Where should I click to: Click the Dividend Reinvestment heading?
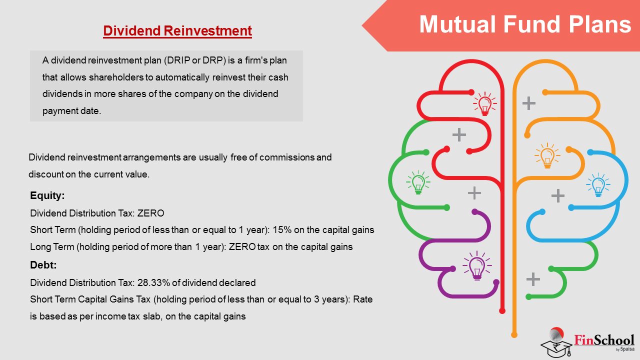[x=177, y=31]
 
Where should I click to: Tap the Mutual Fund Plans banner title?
[x=525, y=24]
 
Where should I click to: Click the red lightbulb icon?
[x=485, y=103]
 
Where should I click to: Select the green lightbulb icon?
[x=418, y=182]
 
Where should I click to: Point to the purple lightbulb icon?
[x=477, y=265]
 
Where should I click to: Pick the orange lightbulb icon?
[x=547, y=155]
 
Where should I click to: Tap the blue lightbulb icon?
[x=598, y=185]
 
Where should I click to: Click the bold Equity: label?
[x=47, y=195]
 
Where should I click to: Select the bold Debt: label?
[x=43, y=265]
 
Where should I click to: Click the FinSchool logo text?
[x=604, y=340]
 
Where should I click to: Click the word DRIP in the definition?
[x=178, y=60]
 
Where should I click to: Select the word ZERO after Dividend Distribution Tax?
[x=150, y=213]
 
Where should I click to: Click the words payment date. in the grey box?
[x=71, y=111]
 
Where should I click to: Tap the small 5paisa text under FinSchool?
[x=627, y=349]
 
